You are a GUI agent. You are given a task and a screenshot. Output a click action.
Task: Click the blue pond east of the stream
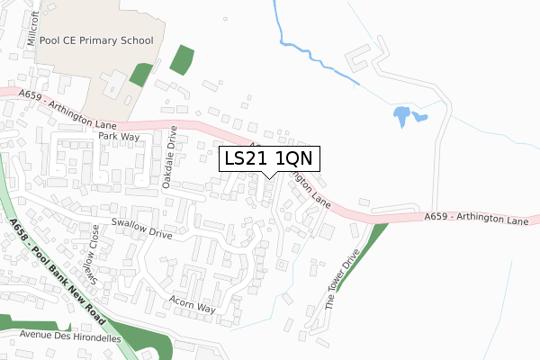(x=403, y=115)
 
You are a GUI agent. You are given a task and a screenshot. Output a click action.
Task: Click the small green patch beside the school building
(x=141, y=75)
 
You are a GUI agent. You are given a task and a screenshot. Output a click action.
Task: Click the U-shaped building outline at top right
(x=362, y=58)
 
